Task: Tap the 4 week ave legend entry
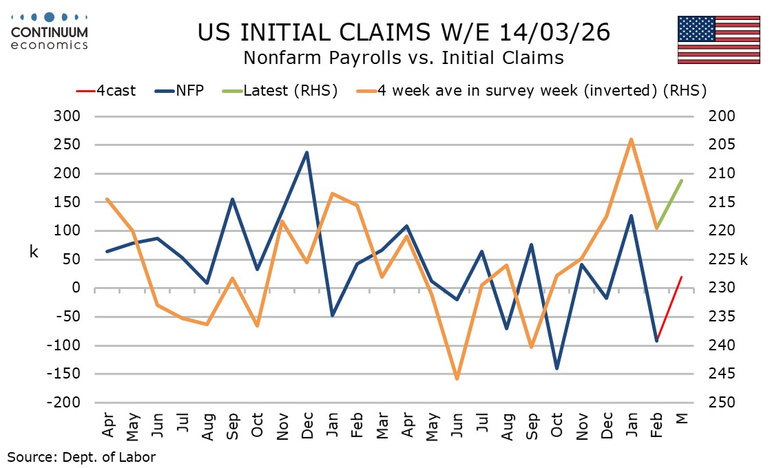(x=541, y=90)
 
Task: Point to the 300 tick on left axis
(x=66, y=116)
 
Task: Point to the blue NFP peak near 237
(x=307, y=152)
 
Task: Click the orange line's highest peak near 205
(x=632, y=140)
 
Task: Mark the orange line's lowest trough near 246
(x=457, y=379)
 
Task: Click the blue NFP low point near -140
(x=556, y=368)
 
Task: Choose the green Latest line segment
(x=669, y=204)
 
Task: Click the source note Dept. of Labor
(x=81, y=456)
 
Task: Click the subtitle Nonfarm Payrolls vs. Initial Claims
(x=404, y=58)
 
